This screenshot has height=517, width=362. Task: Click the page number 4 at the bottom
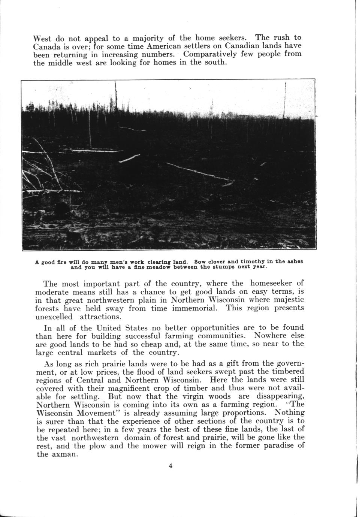[x=171, y=466]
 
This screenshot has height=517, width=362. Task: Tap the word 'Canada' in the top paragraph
[x=45, y=46]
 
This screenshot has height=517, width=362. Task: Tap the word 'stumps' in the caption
[x=230, y=267]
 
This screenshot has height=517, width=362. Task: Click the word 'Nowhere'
[x=269, y=335]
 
